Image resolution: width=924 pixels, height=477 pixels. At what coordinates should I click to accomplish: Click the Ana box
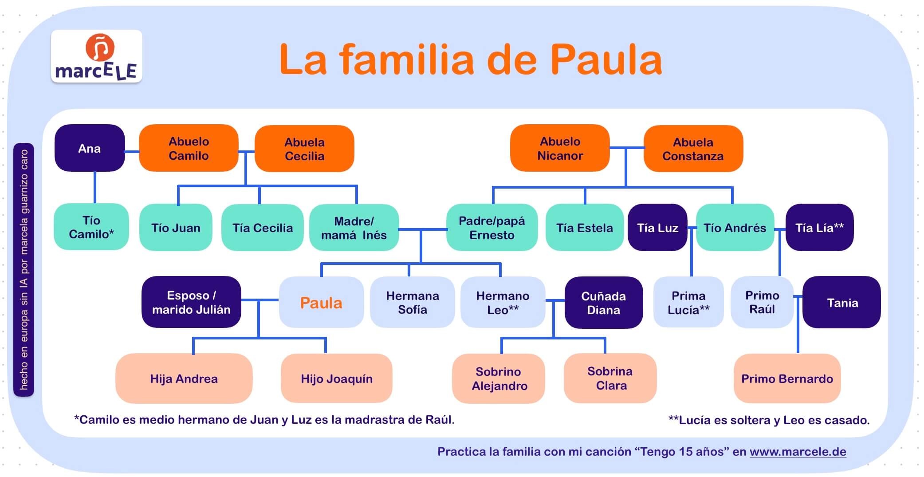(x=90, y=148)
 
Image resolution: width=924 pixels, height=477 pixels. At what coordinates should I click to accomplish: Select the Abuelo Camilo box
(x=189, y=148)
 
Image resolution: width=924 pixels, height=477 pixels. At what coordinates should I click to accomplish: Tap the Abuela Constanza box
(x=693, y=149)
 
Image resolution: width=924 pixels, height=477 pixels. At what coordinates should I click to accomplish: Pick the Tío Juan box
(x=176, y=228)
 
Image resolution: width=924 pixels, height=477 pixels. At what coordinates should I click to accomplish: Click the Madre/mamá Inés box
(x=354, y=228)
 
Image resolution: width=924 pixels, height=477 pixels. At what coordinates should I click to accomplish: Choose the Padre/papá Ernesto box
(x=492, y=228)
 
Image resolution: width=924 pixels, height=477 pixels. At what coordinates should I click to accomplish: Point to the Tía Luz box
(x=657, y=228)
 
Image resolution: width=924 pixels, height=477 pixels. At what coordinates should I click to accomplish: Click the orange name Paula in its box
(x=321, y=303)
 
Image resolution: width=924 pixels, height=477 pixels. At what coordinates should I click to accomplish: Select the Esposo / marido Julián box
(x=191, y=302)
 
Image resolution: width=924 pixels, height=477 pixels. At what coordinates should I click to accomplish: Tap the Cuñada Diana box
(x=604, y=303)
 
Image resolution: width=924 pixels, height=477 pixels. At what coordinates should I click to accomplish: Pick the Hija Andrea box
(x=184, y=378)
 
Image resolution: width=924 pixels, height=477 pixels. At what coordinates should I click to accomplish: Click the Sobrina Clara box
(x=610, y=378)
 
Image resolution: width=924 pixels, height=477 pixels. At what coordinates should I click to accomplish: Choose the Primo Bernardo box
(x=787, y=378)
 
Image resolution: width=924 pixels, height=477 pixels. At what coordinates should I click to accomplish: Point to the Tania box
(x=841, y=303)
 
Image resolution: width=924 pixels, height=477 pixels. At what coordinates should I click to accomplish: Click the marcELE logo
(x=97, y=56)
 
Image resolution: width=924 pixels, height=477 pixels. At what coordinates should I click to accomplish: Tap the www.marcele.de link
(x=798, y=452)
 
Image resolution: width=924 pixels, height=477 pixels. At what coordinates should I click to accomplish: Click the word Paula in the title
(x=606, y=60)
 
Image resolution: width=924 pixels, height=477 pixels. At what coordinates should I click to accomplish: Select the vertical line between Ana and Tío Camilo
(x=94, y=187)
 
